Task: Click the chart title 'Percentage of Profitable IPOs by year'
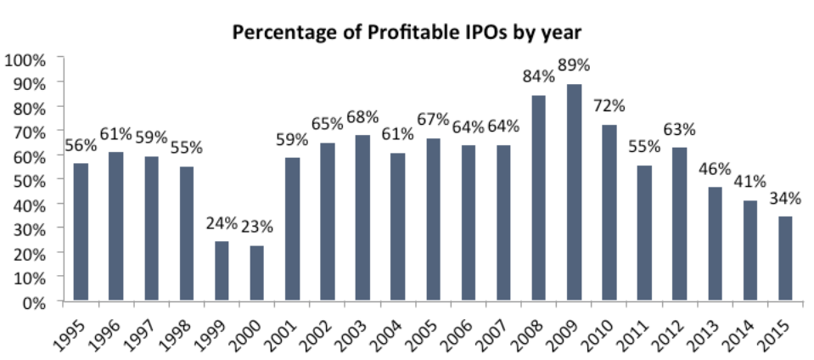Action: point(407,33)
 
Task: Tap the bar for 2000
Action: point(257,273)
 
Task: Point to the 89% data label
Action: point(575,65)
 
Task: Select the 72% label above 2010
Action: point(609,106)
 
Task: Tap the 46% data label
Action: point(715,168)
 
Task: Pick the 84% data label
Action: point(539,77)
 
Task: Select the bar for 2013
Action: point(715,244)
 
